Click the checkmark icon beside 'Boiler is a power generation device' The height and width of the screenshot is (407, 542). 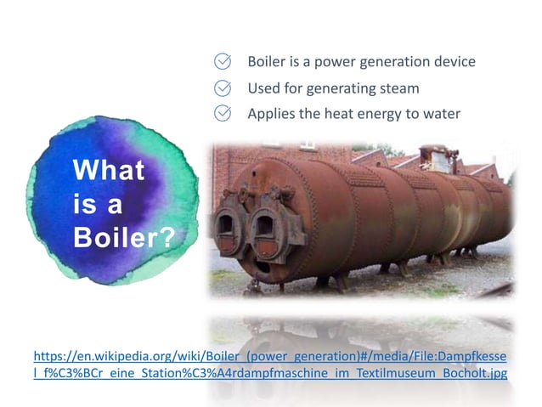point(223,62)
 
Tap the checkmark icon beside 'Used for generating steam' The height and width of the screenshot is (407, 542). point(223,88)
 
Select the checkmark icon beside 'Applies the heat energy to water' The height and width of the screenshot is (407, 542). point(223,113)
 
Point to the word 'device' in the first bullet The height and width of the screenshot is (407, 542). point(451,62)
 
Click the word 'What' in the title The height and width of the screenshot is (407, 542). point(109,170)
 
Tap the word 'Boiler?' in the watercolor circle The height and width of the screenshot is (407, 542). point(123,236)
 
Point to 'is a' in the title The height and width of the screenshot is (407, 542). point(98,204)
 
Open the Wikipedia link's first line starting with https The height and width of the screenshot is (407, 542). point(269,355)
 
